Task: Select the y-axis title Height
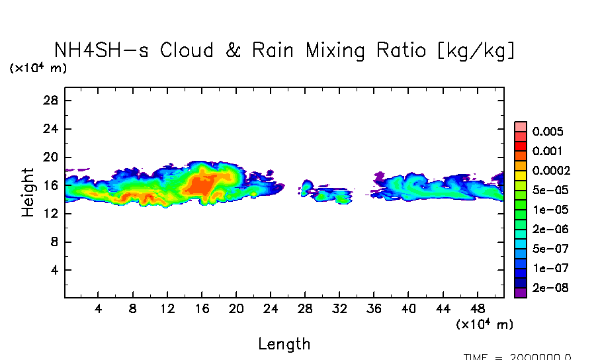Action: (x=28, y=193)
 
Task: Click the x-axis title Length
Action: (x=284, y=344)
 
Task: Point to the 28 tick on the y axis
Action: (x=52, y=101)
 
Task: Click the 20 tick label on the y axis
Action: (x=52, y=157)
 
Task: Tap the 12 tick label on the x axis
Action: (x=167, y=309)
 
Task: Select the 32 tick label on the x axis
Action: (x=339, y=309)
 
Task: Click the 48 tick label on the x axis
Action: (x=478, y=309)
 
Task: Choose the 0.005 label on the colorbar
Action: (x=547, y=132)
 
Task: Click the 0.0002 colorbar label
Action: (x=551, y=171)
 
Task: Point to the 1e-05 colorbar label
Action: (x=547, y=210)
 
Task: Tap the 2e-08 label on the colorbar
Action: (x=547, y=289)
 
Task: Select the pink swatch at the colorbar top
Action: (x=521, y=126)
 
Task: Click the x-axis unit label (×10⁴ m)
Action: (x=484, y=324)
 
